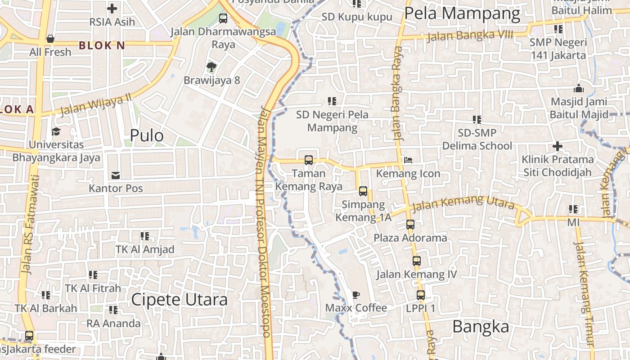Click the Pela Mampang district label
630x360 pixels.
[x=462, y=13]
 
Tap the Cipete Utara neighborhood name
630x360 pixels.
[x=179, y=300]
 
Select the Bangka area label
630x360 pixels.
[x=481, y=327]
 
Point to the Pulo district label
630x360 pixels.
[x=147, y=135]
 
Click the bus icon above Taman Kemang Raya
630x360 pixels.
[x=309, y=160]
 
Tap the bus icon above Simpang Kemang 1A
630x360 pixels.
[x=363, y=191]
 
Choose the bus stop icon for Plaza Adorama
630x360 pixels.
[x=410, y=224]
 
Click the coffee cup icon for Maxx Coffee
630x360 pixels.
[x=356, y=295]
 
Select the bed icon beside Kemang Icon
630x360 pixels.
[x=408, y=160]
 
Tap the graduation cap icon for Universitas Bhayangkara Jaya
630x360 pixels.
[x=56, y=131]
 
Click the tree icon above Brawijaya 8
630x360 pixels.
[x=211, y=67]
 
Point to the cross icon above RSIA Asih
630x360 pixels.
[x=112, y=8]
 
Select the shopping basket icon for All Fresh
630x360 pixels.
[x=50, y=39]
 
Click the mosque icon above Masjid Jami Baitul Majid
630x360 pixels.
[x=579, y=88]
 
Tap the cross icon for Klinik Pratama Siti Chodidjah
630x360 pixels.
[x=558, y=146]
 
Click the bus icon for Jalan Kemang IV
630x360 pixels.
[x=417, y=261]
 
